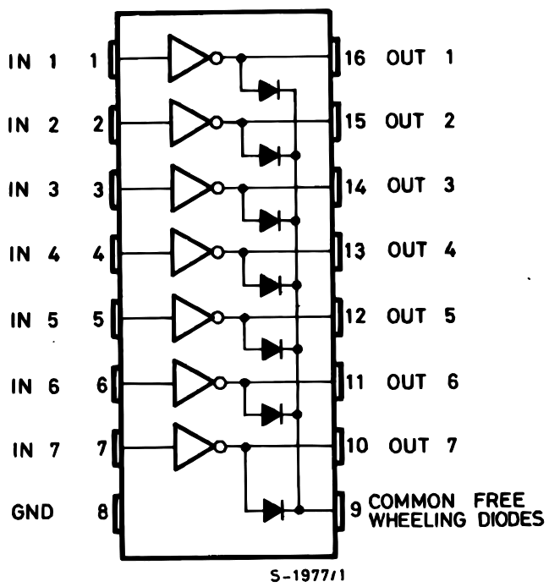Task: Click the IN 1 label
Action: (x=33, y=62)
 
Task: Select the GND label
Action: (x=32, y=512)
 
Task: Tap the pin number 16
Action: (x=354, y=58)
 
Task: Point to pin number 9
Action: (x=355, y=508)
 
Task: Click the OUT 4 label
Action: (x=421, y=250)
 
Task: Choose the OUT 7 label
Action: (x=423, y=446)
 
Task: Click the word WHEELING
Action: (x=417, y=520)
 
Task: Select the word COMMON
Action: (x=411, y=501)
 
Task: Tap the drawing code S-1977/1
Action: (x=308, y=575)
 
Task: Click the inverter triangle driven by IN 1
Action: (x=187, y=58)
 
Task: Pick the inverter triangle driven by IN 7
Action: (x=193, y=447)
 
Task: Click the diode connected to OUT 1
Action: (x=269, y=90)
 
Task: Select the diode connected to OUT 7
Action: (x=273, y=510)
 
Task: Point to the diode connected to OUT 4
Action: (x=271, y=285)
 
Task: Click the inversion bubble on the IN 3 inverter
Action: (x=218, y=188)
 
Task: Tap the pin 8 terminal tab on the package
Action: (x=117, y=513)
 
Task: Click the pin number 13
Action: (x=354, y=250)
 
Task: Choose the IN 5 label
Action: (x=35, y=321)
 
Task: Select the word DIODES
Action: (x=511, y=519)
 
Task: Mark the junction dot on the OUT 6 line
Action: (x=245, y=382)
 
